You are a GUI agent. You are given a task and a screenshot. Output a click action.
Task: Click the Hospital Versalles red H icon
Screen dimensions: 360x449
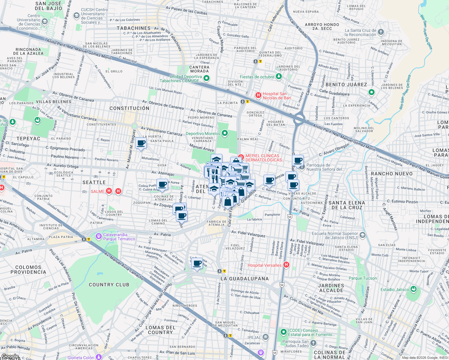pyautogui.click(x=286, y=265)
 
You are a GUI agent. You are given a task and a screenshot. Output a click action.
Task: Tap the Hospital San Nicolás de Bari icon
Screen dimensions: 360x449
pyautogui.click(x=258, y=95)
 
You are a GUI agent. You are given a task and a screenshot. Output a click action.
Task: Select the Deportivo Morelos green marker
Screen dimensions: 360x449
pyautogui.click(x=224, y=133)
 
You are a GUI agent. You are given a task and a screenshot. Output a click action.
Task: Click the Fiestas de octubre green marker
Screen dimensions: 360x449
pyautogui.click(x=279, y=76)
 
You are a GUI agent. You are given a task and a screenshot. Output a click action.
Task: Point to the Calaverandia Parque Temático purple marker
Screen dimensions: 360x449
pyautogui.click(x=98, y=237)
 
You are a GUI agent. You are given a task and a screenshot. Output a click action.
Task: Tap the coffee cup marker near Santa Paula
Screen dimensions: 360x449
pyautogui.click(x=141, y=143)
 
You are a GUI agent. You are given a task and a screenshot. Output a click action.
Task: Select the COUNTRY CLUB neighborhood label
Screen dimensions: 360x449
pyautogui.click(x=109, y=285)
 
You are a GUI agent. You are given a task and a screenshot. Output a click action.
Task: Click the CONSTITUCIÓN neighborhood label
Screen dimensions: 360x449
pyautogui.click(x=129, y=108)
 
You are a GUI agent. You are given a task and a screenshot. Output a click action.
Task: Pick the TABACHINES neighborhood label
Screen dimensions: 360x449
pyautogui.click(x=134, y=28)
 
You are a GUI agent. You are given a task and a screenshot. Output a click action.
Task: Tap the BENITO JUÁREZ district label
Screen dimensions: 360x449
pyautogui.click(x=346, y=85)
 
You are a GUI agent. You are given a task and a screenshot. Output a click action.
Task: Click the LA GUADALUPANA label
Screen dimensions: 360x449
pyautogui.click(x=245, y=279)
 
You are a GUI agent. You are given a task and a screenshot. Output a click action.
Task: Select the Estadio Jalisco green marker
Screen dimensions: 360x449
pyautogui.click(x=414, y=289)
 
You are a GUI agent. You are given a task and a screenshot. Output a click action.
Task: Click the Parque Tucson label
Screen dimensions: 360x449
pyautogui.click(x=363, y=278)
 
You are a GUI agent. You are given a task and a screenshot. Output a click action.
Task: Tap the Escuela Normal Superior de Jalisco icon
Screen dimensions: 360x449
pyautogui.click(x=363, y=235)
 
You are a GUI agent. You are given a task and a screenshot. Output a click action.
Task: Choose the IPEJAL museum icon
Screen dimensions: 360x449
pyautogui.click(x=266, y=337)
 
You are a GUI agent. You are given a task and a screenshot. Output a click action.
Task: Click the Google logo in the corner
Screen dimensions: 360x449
pyautogui.click(x=10, y=356)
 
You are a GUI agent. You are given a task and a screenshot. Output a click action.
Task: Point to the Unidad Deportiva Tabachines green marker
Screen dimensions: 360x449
pyautogui.click(x=206, y=78)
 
